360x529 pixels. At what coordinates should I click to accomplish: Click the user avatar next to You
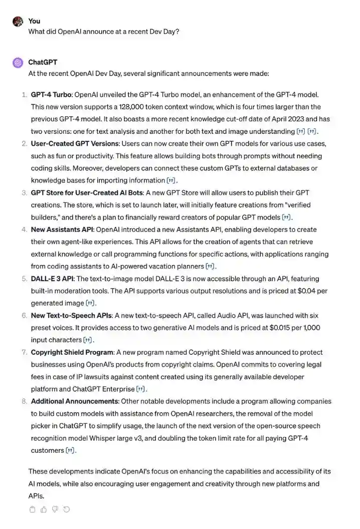[x=18, y=22]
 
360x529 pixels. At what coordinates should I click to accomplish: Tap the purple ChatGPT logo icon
[x=18, y=63]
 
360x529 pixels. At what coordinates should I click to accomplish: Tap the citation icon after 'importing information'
[x=171, y=180]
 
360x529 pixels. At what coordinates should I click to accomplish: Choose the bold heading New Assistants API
[x=62, y=229]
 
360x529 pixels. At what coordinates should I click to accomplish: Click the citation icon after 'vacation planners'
[x=211, y=267]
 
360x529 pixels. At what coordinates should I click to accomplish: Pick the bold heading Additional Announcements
[x=75, y=401]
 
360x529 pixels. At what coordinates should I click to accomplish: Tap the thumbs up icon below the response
[x=44, y=509]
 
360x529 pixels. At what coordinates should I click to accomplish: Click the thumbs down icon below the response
[x=55, y=509]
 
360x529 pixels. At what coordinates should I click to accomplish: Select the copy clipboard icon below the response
[x=33, y=509]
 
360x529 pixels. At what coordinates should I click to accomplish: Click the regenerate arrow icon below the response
[x=66, y=509]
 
